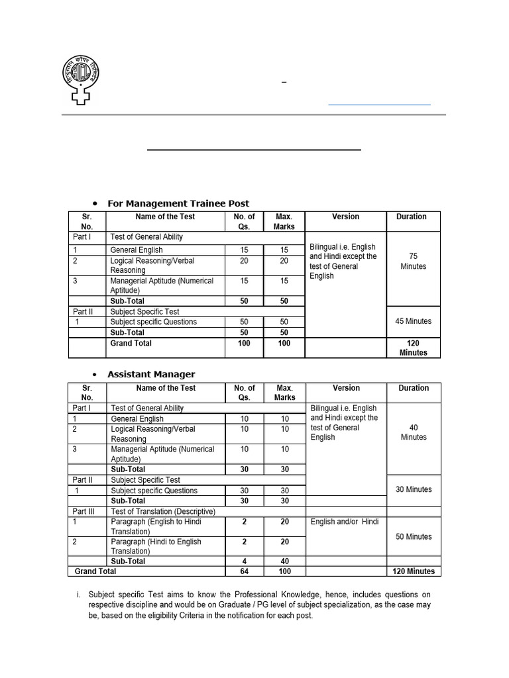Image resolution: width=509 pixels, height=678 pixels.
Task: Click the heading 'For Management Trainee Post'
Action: pyautogui.click(x=178, y=203)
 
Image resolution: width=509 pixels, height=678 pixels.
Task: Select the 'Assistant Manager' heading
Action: pyautogui.click(x=151, y=374)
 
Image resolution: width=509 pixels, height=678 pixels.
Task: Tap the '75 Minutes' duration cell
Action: pyautogui.click(x=414, y=261)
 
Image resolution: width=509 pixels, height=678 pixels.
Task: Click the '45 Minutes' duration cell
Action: pyautogui.click(x=414, y=321)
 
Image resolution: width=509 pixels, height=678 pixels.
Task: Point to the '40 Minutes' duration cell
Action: pyautogui.click(x=414, y=432)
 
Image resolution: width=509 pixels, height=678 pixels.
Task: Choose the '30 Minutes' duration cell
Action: pyautogui.click(x=414, y=489)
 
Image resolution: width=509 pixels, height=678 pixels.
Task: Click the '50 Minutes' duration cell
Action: pyautogui.click(x=414, y=536)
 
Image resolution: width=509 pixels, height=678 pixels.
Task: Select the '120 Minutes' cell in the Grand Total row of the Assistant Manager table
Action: pyautogui.click(x=414, y=571)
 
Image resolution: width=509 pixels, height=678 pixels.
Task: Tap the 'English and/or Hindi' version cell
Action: pyautogui.click(x=345, y=522)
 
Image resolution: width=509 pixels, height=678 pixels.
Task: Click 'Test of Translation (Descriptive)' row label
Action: pyautogui.click(x=163, y=511)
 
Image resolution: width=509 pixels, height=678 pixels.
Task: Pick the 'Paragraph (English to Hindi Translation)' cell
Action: pyautogui.click(x=156, y=526)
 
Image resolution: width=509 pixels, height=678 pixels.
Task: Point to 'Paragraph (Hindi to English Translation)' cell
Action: pyautogui.click(x=156, y=546)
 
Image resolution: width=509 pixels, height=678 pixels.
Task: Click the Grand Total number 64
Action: pyautogui.click(x=245, y=571)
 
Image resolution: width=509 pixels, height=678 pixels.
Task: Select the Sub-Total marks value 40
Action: pyautogui.click(x=285, y=561)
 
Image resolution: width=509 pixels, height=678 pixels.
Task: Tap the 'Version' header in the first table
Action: pyautogui.click(x=345, y=217)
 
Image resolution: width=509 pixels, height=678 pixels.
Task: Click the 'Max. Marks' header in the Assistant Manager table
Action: pyautogui.click(x=285, y=393)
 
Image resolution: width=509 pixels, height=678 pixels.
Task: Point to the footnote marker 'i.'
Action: pyautogui.click(x=78, y=595)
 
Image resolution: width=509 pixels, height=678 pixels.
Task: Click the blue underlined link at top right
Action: pyautogui.click(x=379, y=103)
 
